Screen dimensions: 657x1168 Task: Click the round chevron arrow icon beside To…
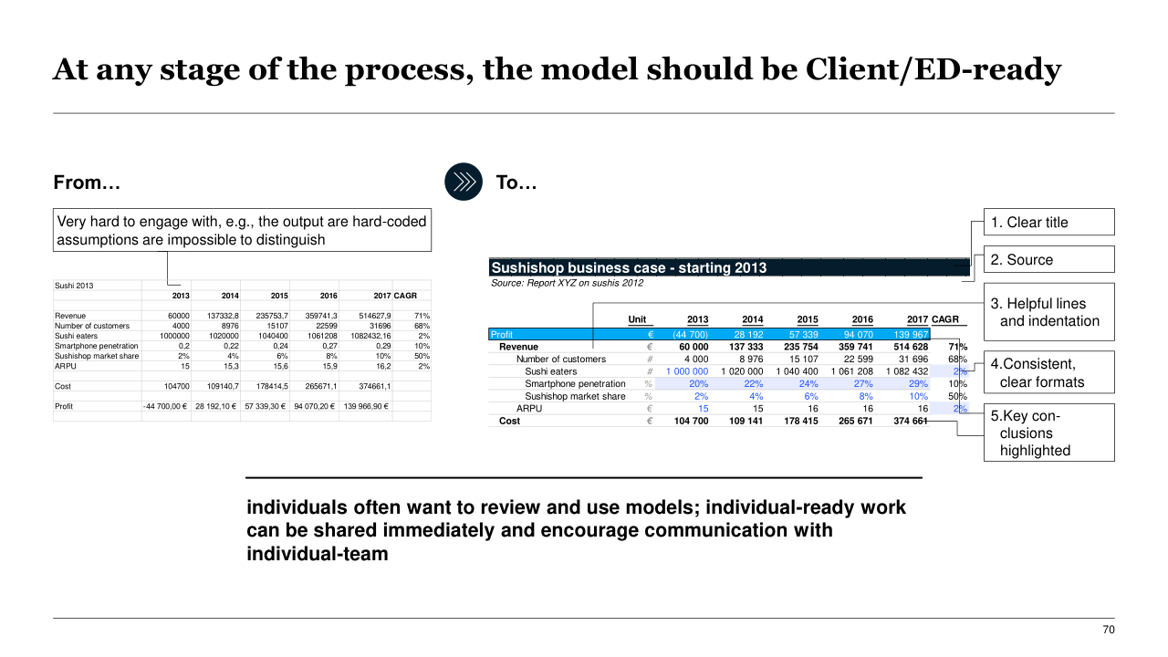464,182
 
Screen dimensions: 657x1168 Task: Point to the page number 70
1109,630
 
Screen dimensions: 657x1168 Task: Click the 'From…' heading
87,182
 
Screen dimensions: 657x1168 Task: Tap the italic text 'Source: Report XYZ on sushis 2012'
567,283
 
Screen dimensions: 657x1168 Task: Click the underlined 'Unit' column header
638,319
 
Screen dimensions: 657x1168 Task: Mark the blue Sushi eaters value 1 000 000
687,371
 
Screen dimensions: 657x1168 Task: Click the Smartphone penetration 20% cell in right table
698,384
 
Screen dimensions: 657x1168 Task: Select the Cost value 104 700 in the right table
691,421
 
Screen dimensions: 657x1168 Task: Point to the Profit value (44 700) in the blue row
689,335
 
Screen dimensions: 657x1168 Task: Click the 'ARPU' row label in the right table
529,409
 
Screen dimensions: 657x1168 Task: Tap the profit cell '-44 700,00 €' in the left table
164,406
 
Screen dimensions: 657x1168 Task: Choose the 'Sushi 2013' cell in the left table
74,285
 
